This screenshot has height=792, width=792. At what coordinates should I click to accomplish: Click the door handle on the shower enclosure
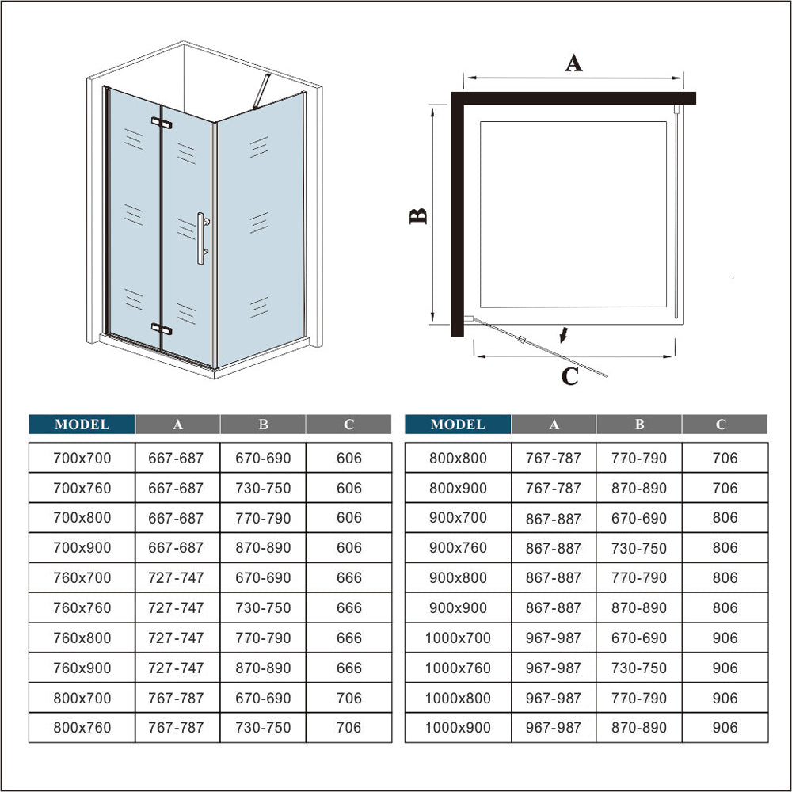pyautogui.click(x=201, y=238)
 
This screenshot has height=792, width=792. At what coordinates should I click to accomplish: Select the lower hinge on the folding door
pyautogui.click(x=162, y=329)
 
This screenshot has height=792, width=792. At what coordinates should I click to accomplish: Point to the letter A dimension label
pyautogui.click(x=573, y=63)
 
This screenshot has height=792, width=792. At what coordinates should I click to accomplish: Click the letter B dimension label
pyautogui.click(x=418, y=216)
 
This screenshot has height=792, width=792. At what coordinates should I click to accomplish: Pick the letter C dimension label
pyautogui.click(x=570, y=377)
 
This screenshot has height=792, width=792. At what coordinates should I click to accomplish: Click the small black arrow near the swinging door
pyautogui.click(x=564, y=334)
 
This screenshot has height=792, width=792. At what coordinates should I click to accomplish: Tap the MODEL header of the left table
pyautogui.click(x=82, y=425)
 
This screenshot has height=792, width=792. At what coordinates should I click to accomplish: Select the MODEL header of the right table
pyautogui.click(x=458, y=425)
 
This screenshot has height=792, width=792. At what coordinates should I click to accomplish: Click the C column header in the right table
pyautogui.click(x=722, y=425)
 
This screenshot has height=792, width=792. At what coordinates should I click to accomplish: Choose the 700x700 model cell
pyautogui.click(x=82, y=458)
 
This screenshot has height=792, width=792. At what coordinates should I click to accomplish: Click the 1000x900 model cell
pyautogui.click(x=458, y=728)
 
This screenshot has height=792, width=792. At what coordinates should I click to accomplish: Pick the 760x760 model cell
pyautogui.click(x=82, y=607)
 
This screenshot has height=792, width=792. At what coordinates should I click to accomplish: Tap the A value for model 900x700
pyautogui.click(x=554, y=518)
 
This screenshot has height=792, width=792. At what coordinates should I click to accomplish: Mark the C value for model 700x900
pyautogui.click(x=349, y=547)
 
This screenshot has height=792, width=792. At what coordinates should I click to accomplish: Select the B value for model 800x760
pyautogui.click(x=263, y=728)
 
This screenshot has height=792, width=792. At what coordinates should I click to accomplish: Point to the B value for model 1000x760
pyautogui.click(x=639, y=668)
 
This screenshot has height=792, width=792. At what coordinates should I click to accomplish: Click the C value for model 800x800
pyautogui.click(x=725, y=458)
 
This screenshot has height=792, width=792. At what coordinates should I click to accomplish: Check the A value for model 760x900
pyautogui.click(x=176, y=668)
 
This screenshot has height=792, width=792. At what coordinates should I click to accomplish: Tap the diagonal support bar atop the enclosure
pyautogui.click(x=261, y=91)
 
